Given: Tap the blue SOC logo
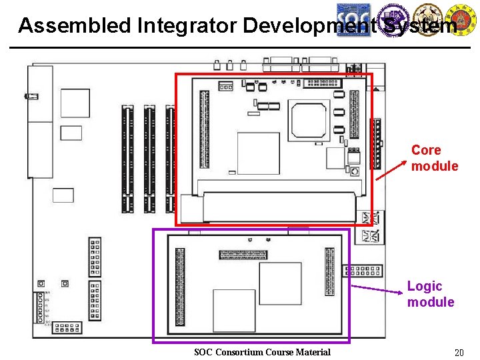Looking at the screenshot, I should point(353,19).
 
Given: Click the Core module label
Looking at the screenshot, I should point(434,158).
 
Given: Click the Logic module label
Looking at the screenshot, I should point(430,294).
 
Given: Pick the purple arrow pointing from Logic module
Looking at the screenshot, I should point(377,289).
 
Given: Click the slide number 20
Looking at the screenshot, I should point(458,352).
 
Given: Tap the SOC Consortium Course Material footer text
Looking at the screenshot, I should point(262,352).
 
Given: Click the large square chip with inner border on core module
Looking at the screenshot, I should point(309,119).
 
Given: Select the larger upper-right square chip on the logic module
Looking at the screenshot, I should point(280,283).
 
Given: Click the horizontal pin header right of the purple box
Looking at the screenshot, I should point(363,271).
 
